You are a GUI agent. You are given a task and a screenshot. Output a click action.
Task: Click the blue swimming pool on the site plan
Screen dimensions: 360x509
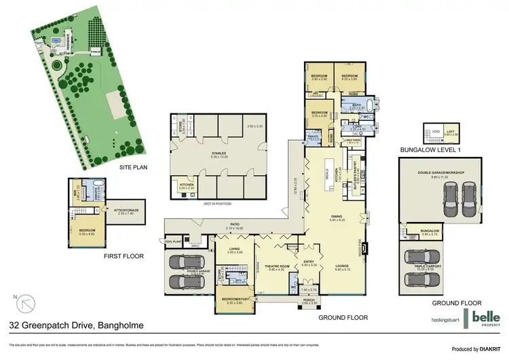click(x=54, y=41)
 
